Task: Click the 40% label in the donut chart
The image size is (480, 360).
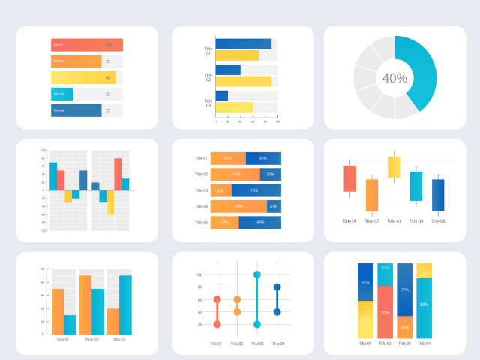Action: tap(394, 78)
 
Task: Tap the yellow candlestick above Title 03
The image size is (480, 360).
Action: tap(394, 167)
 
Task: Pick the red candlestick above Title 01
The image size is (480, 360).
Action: tap(349, 178)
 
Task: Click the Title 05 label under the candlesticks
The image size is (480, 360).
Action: tap(437, 221)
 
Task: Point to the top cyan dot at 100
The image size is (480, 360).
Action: tap(256, 274)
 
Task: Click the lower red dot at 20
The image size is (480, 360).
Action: tap(217, 324)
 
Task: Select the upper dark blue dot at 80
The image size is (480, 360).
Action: tap(277, 286)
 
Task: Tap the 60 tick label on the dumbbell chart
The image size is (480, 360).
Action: tap(199, 299)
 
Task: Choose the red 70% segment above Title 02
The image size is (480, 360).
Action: tap(385, 312)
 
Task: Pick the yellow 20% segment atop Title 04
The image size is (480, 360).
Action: tap(424, 270)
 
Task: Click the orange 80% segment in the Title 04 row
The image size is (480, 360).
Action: tap(238, 206)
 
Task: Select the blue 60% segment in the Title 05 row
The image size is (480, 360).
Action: tap(260, 223)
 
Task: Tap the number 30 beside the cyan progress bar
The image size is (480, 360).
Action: tap(108, 94)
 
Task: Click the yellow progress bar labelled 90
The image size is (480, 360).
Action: tap(82, 77)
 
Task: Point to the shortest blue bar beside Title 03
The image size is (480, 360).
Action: tap(222, 96)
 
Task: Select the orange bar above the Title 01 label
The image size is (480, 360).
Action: tap(58, 311)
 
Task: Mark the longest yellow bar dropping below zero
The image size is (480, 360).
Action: tap(110, 202)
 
